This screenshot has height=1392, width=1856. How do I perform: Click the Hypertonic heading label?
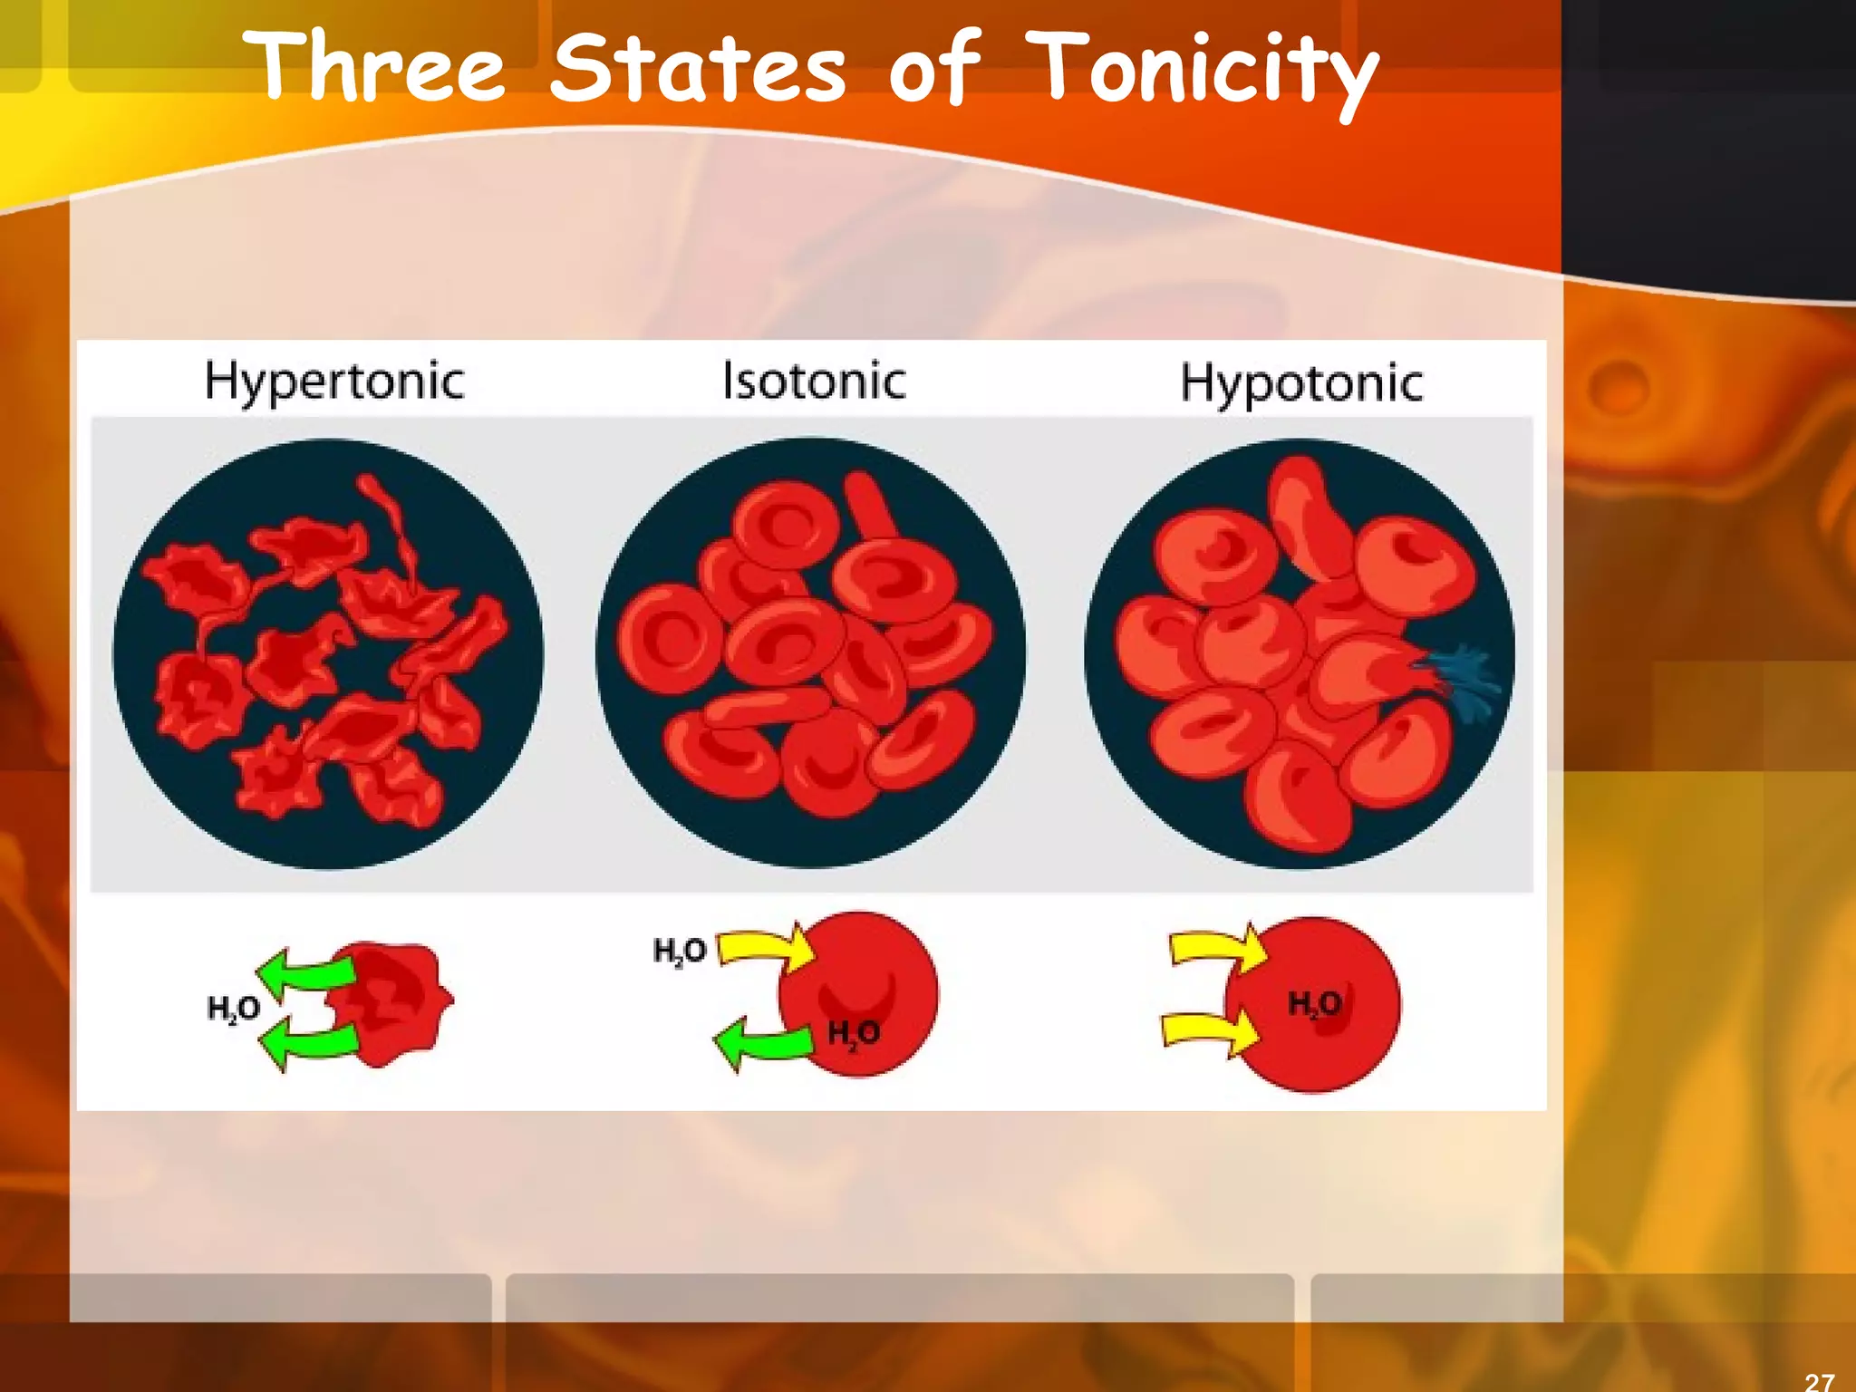pyautogui.click(x=334, y=382)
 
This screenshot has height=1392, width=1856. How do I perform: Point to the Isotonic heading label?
pyautogui.click(x=814, y=382)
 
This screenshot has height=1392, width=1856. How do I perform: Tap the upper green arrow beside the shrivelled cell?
pyautogui.click(x=306, y=972)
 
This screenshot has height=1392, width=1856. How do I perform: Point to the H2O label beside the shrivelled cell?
pyautogui.click(x=234, y=1009)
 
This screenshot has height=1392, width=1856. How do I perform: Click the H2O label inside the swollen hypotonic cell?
pyautogui.click(x=1314, y=1004)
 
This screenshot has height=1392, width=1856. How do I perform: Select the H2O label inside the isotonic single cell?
pyautogui.click(x=853, y=1033)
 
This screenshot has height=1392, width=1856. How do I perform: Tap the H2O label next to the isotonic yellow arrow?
pyautogui.click(x=680, y=952)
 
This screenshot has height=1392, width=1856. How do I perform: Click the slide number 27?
pyautogui.click(x=1819, y=1380)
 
